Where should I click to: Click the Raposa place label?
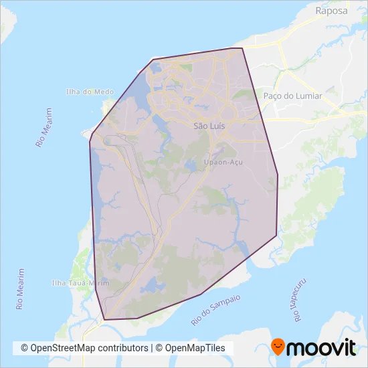click(x=333, y=11)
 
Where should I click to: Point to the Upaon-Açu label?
click(x=222, y=163)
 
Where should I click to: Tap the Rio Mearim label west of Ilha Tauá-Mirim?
click(x=21, y=288)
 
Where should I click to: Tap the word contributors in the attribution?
click(x=123, y=348)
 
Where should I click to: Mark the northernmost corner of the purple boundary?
click(x=242, y=48)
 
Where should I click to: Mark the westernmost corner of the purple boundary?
click(x=90, y=141)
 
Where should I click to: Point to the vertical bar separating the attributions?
click(x=152, y=348)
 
